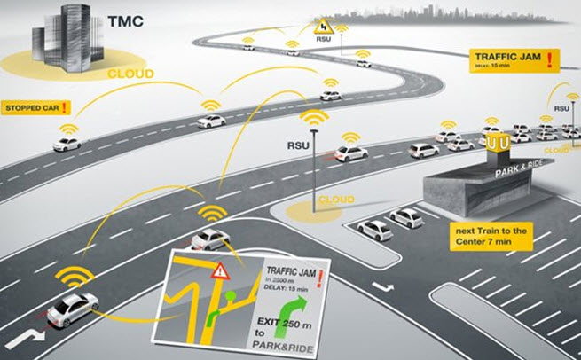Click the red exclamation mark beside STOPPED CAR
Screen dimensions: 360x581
click(64, 108)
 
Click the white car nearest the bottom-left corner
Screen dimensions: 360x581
click(71, 309)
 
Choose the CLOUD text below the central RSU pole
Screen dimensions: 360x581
click(336, 200)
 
